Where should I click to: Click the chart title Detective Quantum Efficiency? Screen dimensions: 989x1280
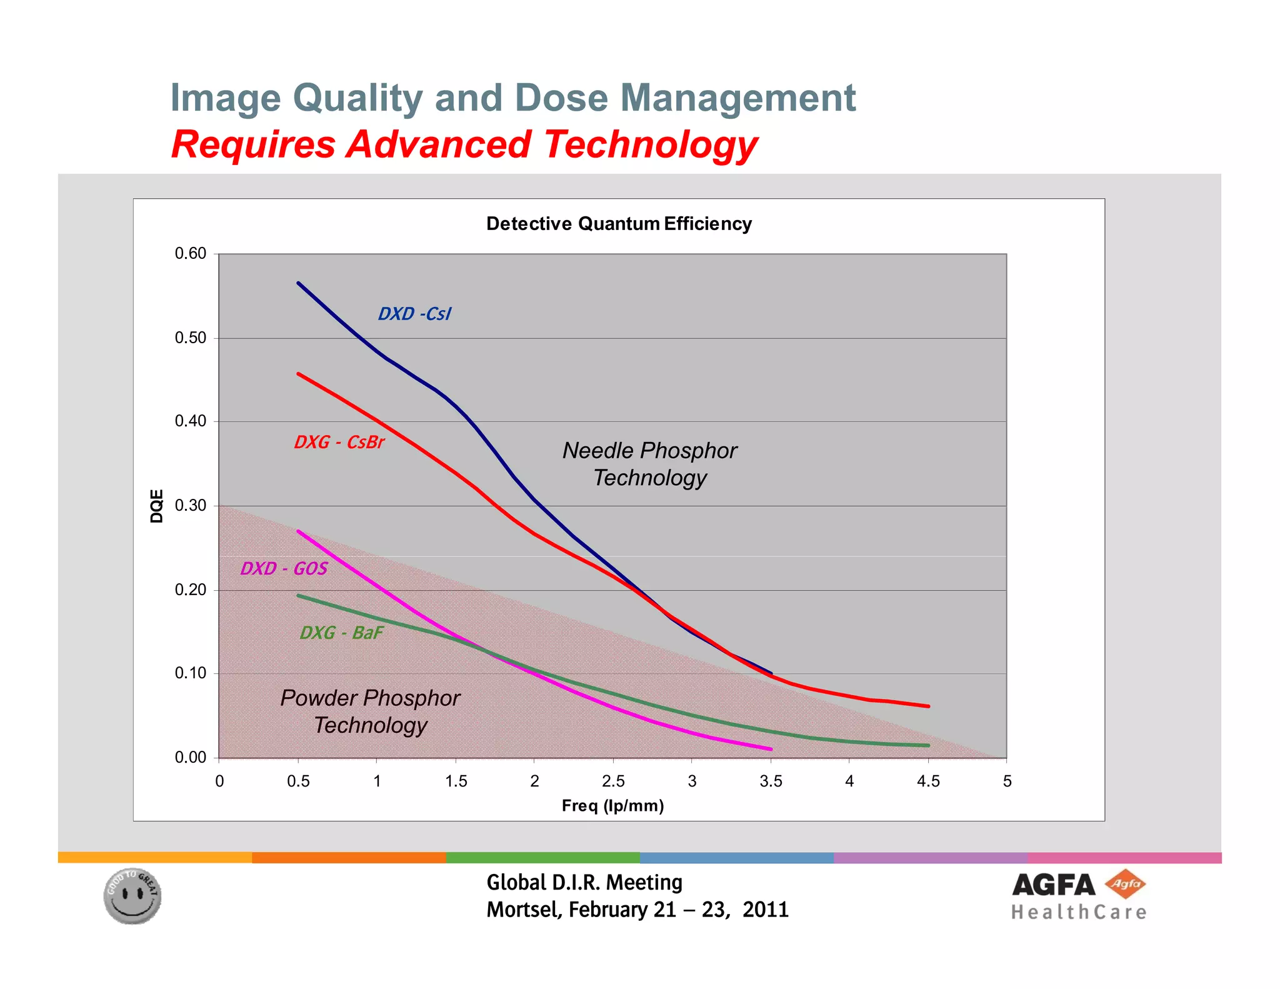[619, 224]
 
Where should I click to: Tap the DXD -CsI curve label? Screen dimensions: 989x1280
[414, 314]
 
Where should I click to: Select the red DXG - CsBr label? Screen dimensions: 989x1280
[339, 442]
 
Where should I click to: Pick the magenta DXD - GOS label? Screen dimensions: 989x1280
[284, 568]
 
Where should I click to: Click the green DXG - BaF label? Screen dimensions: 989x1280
[341, 633]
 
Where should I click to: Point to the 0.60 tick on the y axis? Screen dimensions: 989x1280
[190, 253]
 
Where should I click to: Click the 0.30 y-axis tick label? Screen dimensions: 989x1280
[190, 505]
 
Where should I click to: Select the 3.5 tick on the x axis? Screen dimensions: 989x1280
[771, 781]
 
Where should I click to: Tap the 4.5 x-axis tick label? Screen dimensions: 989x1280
[928, 781]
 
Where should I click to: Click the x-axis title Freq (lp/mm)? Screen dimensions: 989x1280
[612, 806]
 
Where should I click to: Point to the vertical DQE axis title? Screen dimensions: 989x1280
[157, 506]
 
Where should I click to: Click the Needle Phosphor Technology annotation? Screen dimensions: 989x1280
[650, 464]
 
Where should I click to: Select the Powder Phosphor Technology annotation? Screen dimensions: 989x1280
[370, 711]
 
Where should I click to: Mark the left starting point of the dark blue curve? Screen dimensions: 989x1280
[299, 283]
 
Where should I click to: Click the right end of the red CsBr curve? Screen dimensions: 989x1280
[928, 706]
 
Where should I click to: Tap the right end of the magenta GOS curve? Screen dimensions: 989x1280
[771, 749]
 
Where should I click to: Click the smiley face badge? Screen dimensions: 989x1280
[132, 896]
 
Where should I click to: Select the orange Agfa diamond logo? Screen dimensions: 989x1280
[1125, 884]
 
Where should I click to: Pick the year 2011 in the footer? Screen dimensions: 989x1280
[766, 910]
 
